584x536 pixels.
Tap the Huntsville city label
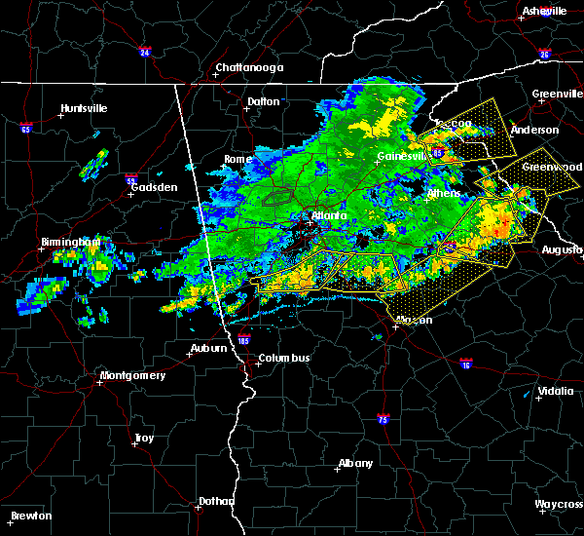click(84, 108)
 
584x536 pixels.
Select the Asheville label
click(545, 11)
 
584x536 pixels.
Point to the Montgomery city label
click(133, 375)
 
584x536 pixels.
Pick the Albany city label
click(354, 464)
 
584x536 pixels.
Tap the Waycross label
click(559, 505)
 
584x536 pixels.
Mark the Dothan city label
click(216, 501)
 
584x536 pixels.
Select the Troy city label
click(144, 439)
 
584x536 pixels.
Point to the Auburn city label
click(209, 348)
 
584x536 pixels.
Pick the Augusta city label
click(563, 250)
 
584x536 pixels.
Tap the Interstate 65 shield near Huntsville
click(25, 128)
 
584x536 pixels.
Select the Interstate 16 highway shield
click(465, 362)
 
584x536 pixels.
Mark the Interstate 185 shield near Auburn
click(243, 342)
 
